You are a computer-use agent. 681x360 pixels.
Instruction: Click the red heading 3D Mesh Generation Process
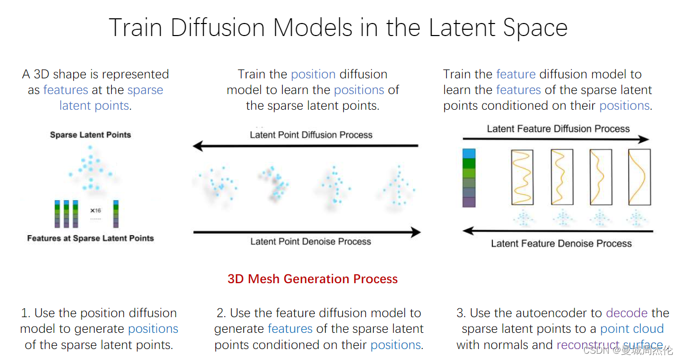[x=313, y=279]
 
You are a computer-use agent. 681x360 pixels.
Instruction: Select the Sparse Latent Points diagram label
[x=90, y=135]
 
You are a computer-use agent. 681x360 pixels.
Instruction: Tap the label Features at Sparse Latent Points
[x=90, y=238]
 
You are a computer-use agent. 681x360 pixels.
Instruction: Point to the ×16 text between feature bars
[x=96, y=211]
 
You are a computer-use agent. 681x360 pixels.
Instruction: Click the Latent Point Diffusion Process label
[x=311, y=135]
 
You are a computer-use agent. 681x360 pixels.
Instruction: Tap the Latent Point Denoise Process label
[x=310, y=241]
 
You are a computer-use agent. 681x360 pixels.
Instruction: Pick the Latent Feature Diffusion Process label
[x=558, y=129]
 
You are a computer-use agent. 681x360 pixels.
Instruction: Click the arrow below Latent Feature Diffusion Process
[x=556, y=140]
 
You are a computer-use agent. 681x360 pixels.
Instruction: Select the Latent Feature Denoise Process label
[x=561, y=243]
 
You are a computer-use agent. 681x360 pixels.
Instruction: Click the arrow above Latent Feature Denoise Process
[x=558, y=230]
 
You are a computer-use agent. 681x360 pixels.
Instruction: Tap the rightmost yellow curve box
[x=639, y=177]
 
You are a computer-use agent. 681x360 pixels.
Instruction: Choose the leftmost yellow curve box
[x=522, y=177]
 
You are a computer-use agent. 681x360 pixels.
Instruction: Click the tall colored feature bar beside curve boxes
[x=469, y=178]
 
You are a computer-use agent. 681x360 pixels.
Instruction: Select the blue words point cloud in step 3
[x=632, y=329]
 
